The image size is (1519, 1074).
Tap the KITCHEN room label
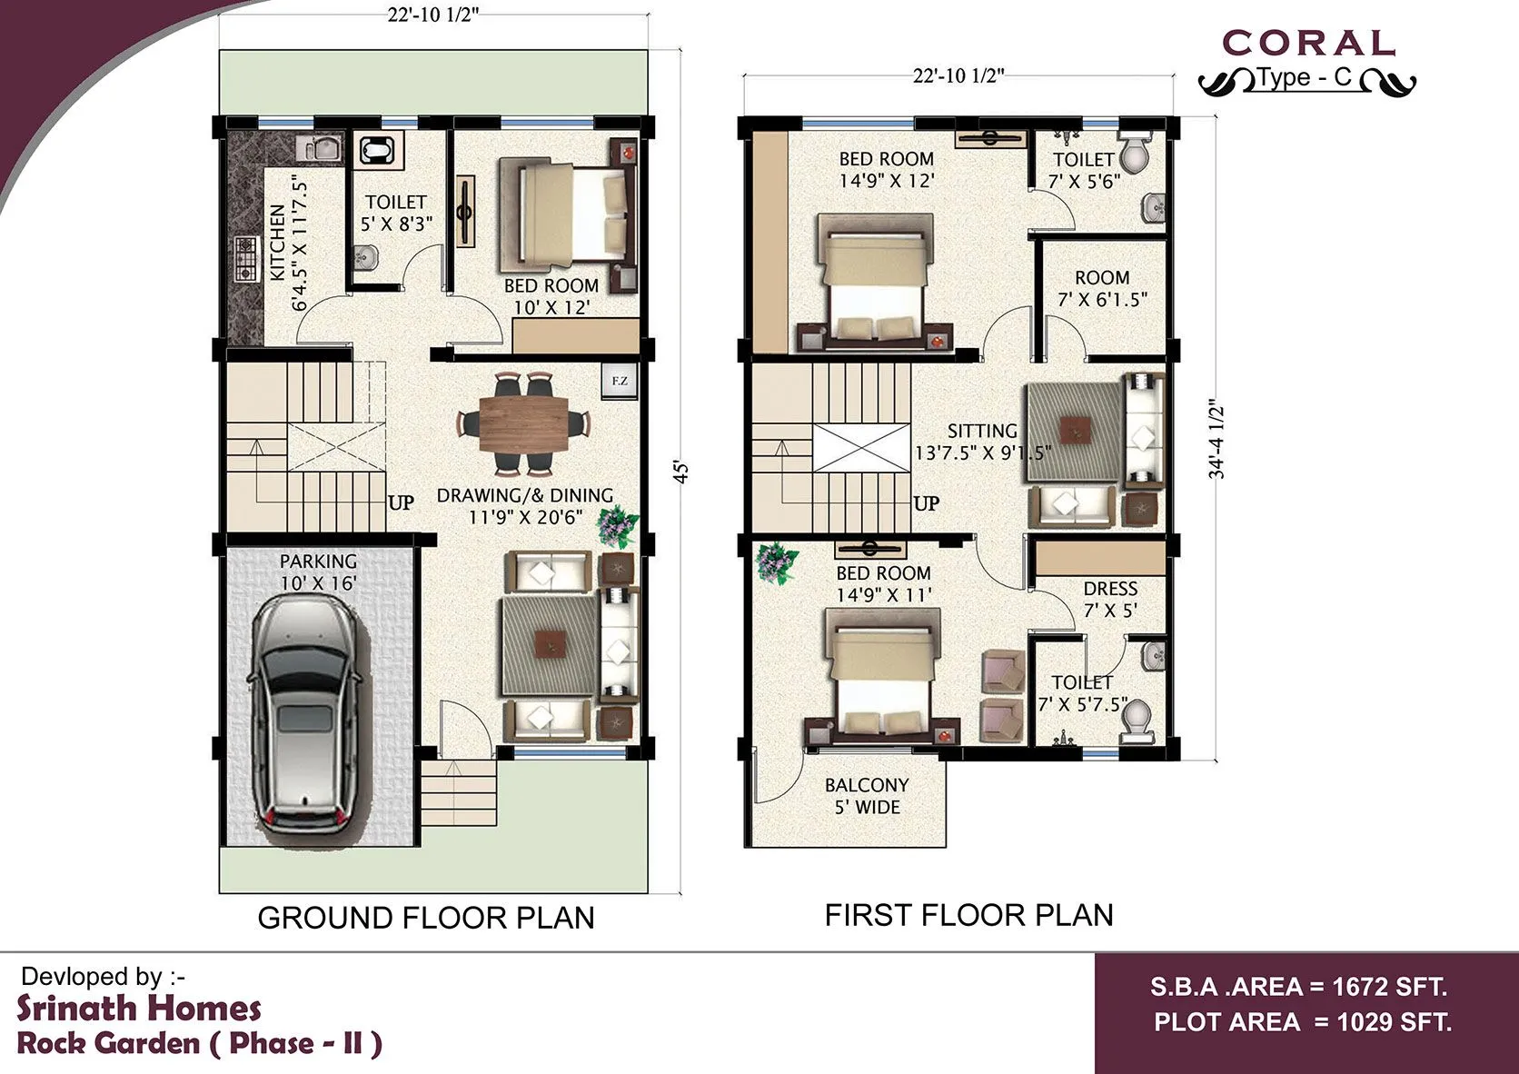point(288,244)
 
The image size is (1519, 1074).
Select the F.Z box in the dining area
point(620,381)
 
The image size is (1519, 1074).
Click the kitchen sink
point(319,148)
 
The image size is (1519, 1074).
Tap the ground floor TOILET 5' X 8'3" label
point(396,213)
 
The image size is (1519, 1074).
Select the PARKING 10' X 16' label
point(318,572)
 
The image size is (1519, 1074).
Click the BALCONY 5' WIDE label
point(867,796)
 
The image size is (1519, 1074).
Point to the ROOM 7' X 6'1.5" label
point(1102,288)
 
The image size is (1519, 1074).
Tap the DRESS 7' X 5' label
point(1110,600)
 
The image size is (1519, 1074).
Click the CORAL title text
point(1308,43)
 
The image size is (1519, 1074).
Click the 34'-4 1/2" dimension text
point(1217,441)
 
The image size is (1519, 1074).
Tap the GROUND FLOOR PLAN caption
point(425,918)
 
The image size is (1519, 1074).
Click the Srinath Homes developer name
point(139,1009)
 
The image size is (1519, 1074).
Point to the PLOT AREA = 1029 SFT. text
point(1303,1022)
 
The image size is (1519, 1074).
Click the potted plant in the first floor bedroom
point(777,561)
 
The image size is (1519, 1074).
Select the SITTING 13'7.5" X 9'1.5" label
point(982,442)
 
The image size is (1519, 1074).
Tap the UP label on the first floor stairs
point(927,503)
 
